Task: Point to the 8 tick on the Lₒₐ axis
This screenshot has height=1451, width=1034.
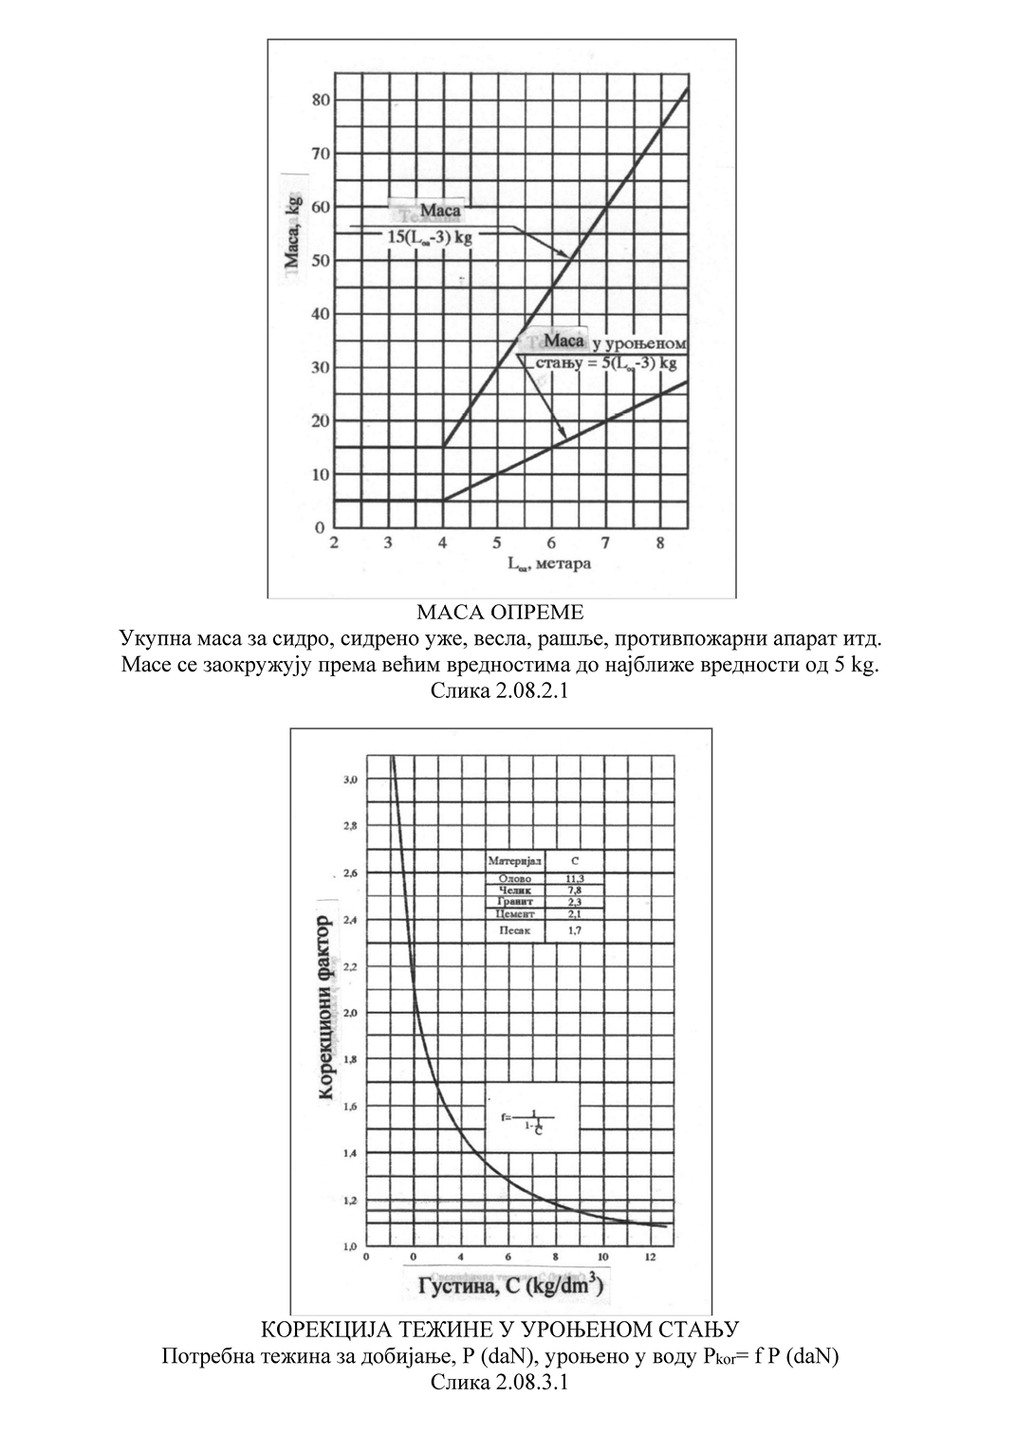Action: click(659, 543)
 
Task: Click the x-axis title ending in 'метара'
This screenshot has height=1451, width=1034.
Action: click(549, 564)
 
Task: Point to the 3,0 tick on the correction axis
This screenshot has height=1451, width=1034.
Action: click(351, 780)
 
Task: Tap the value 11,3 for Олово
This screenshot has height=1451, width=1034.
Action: click(575, 879)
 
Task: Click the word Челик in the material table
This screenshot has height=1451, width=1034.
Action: click(515, 891)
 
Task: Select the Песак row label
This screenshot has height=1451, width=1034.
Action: click(515, 931)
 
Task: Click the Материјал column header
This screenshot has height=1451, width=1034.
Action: click(515, 861)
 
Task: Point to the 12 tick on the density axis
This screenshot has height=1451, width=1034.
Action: click(647, 1258)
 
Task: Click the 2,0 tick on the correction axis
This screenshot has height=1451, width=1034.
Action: click(351, 1013)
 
